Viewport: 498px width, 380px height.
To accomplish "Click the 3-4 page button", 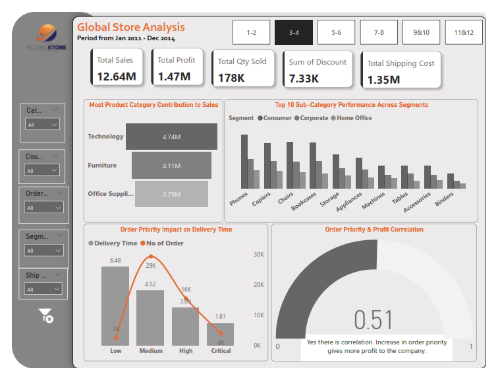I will [x=294, y=32].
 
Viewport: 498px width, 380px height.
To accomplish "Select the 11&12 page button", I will [x=463, y=32].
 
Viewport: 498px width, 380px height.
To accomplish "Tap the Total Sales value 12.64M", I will [x=117, y=77].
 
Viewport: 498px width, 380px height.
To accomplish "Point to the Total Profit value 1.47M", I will [x=174, y=77].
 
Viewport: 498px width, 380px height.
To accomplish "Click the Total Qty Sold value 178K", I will [x=231, y=79].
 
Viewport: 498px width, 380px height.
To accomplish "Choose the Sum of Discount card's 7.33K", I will [x=304, y=79].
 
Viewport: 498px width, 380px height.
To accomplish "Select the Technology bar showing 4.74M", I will [x=171, y=137].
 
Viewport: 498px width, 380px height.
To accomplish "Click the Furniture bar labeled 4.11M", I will [x=171, y=166].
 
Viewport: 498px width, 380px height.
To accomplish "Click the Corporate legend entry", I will [x=312, y=118].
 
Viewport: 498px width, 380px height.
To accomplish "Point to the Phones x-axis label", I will [x=238, y=199].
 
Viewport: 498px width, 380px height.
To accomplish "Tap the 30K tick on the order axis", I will [x=258, y=255].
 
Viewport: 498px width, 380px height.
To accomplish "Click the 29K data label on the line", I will [x=151, y=265].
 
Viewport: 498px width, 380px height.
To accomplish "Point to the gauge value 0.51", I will [x=373, y=320].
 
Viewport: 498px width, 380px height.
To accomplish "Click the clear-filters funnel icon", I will [x=45, y=315].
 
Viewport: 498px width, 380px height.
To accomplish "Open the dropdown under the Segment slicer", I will [x=43, y=251].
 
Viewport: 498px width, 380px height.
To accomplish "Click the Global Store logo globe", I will [x=45, y=34].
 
